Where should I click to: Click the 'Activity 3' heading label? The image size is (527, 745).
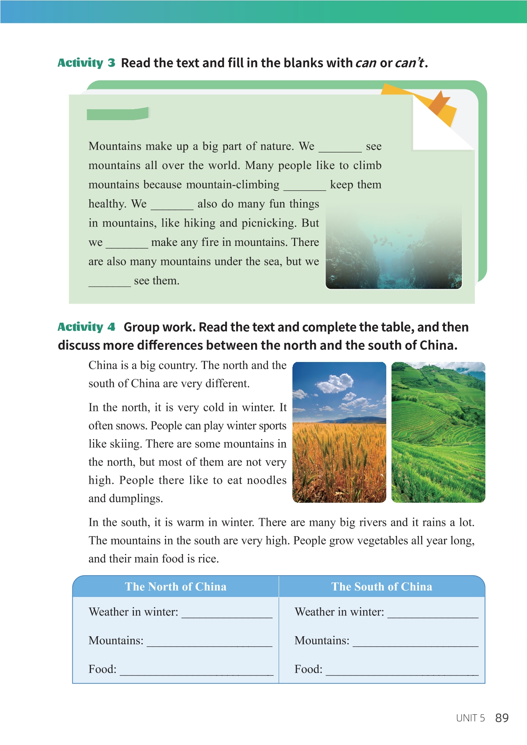point(86,63)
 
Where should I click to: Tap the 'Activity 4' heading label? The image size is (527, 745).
point(86,327)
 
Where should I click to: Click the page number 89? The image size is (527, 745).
point(502,718)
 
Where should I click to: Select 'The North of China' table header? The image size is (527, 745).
point(176,587)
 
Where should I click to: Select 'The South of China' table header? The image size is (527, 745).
point(382,587)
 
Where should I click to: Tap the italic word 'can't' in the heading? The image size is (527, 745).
point(409,63)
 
